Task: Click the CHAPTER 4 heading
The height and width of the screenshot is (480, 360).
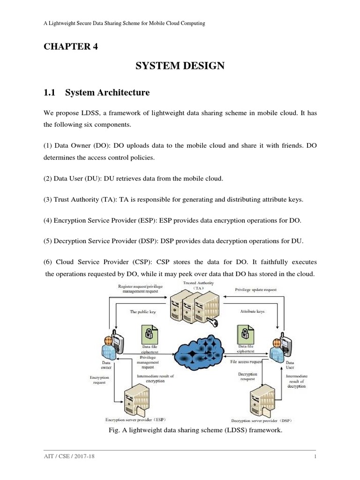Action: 71,45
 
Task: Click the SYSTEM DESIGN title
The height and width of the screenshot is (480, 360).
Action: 180,67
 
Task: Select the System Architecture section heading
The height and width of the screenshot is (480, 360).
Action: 97,93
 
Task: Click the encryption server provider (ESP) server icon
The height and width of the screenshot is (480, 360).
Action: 133,398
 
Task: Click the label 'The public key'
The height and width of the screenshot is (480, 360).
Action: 142,312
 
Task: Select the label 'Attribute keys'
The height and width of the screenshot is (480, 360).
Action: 252,311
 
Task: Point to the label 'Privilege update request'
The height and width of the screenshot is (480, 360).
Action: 255,290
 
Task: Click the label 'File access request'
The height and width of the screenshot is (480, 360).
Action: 247,362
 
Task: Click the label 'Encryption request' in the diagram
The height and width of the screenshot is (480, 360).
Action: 99,379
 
